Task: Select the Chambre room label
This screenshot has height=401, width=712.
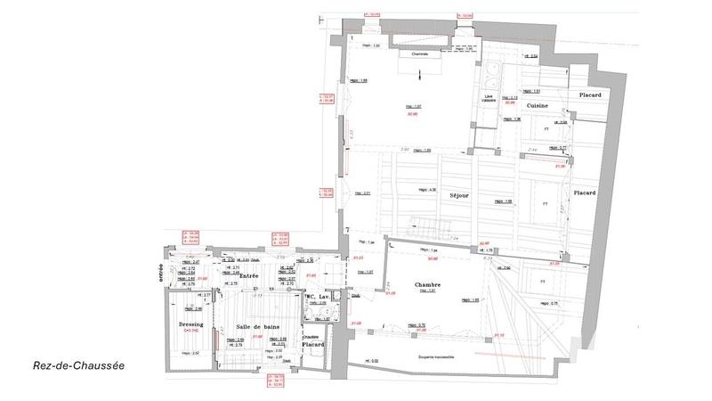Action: [430, 285]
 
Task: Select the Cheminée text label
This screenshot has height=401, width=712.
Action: [419, 53]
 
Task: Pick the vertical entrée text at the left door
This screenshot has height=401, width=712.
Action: [161, 269]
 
